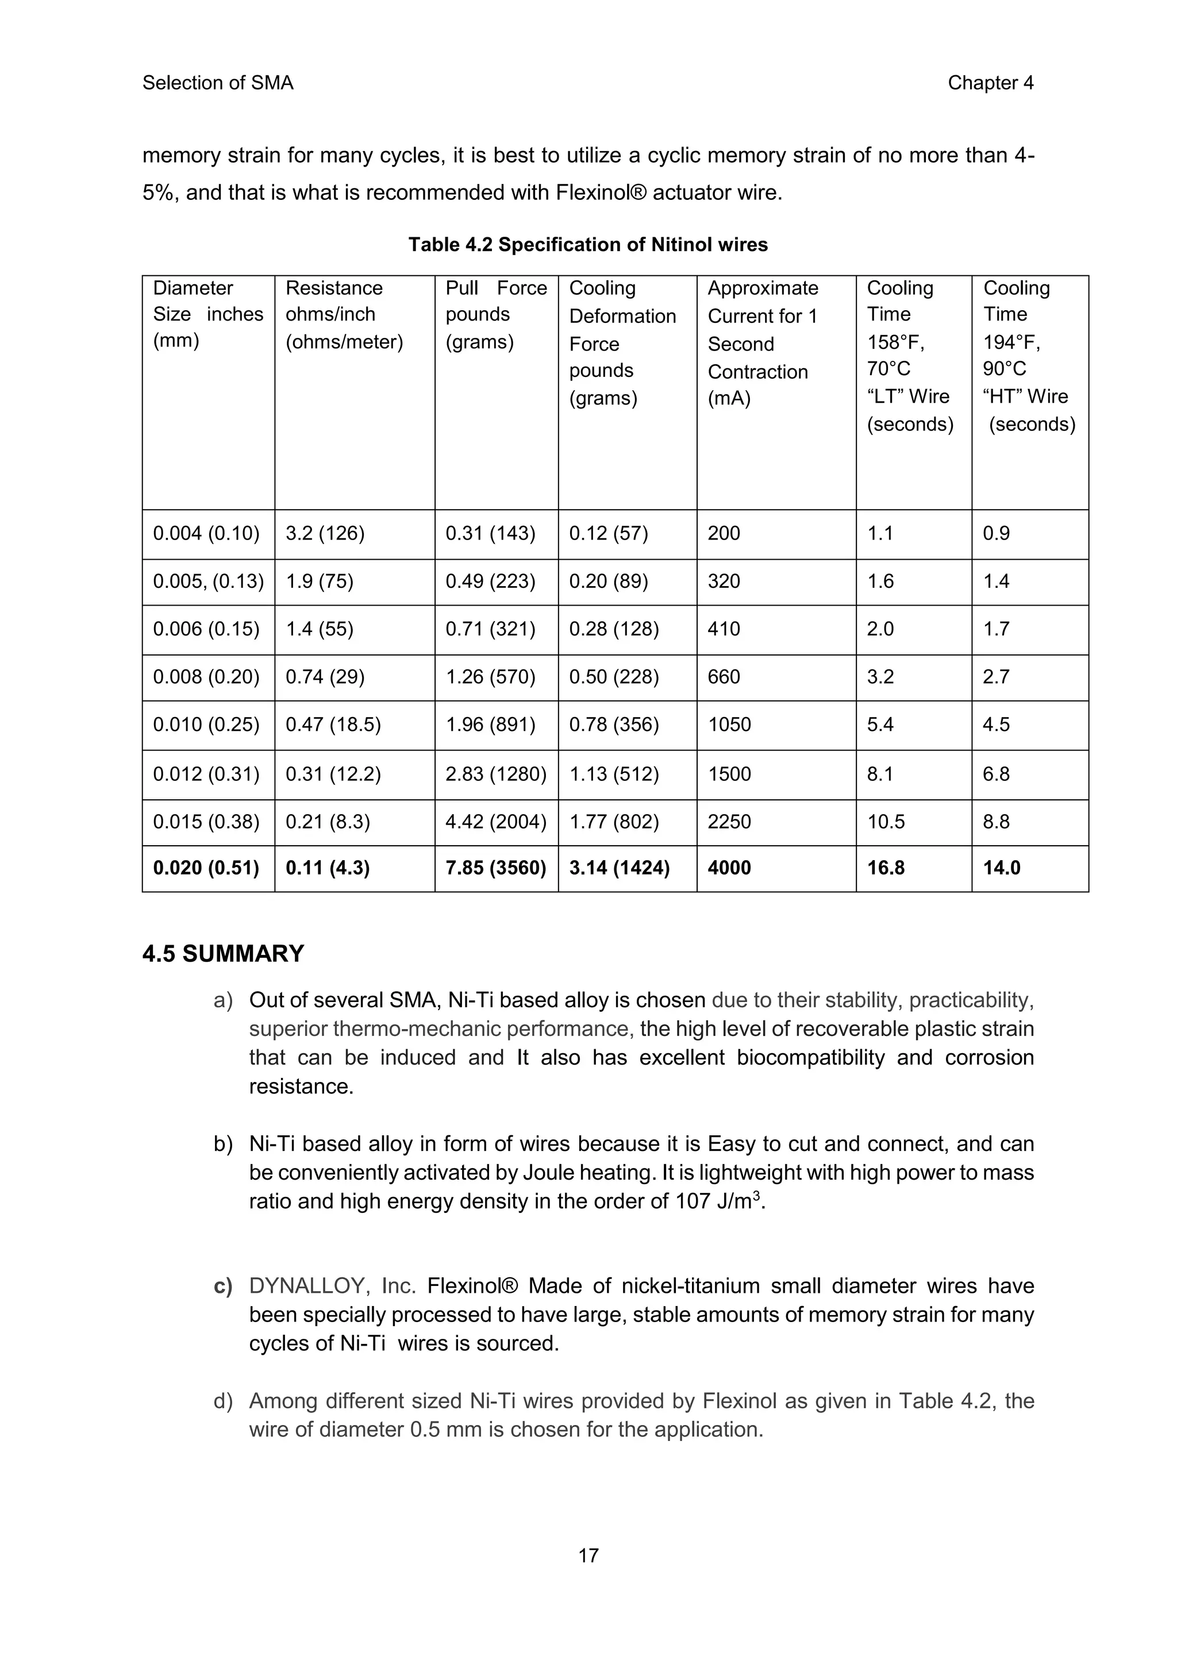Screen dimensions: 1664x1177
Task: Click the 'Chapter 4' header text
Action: click(990, 83)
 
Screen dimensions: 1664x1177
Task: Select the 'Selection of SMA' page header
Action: click(217, 83)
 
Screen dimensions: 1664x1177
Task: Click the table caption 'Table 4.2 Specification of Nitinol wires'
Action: click(588, 244)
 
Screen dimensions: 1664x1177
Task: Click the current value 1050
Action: click(729, 725)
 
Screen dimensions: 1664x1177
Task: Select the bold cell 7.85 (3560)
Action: click(496, 868)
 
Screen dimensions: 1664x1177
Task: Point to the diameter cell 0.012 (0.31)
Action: click(206, 774)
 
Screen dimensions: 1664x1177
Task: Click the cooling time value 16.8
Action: click(886, 868)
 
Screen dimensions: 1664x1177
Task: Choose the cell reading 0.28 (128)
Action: click(614, 629)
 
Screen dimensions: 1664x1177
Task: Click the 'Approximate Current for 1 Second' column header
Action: click(763, 329)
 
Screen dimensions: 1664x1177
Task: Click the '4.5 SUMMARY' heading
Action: click(223, 954)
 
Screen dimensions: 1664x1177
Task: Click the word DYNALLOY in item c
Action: click(306, 1286)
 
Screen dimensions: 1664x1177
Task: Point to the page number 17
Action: click(588, 1555)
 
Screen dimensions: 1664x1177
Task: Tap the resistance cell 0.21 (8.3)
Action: click(328, 822)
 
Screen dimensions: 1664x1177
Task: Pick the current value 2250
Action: click(729, 822)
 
